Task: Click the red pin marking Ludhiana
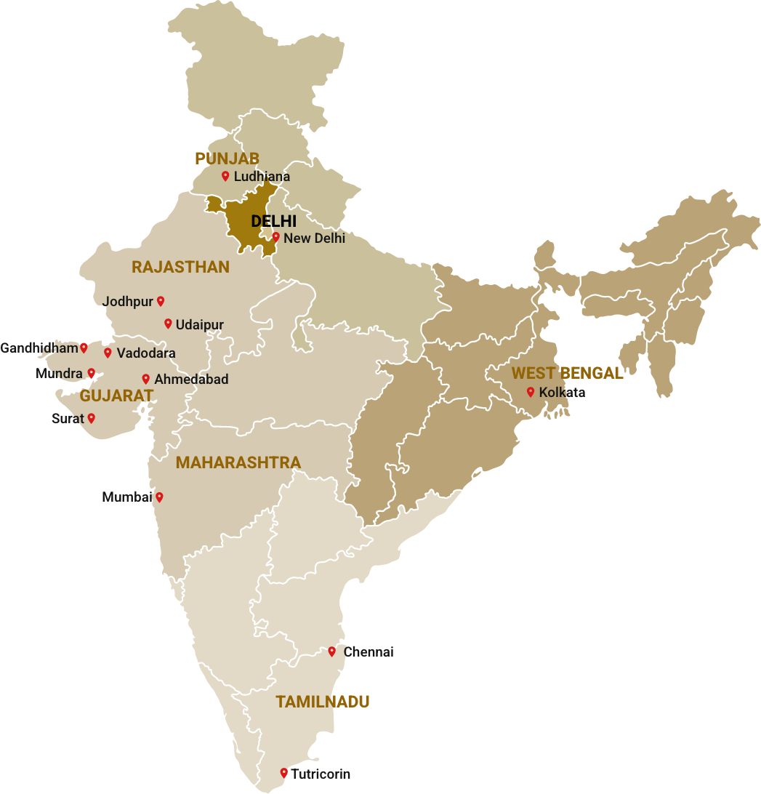(225, 176)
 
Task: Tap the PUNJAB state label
(227, 159)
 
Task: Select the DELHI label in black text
(273, 221)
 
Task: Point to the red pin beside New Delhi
(275, 237)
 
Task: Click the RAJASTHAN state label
(180, 268)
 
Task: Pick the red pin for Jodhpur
(161, 301)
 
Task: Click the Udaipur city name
(199, 325)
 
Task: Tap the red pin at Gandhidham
(84, 348)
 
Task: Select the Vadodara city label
(146, 353)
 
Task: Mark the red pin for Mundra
(92, 373)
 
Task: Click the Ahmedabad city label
(191, 380)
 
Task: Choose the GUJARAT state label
(116, 396)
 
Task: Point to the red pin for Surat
(92, 418)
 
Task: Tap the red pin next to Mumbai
(159, 497)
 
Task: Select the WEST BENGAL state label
(567, 374)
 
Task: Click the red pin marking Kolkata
(531, 392)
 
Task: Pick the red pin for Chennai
(331, 651)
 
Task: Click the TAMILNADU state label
(322, 702)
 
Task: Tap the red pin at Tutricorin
(283, 773)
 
